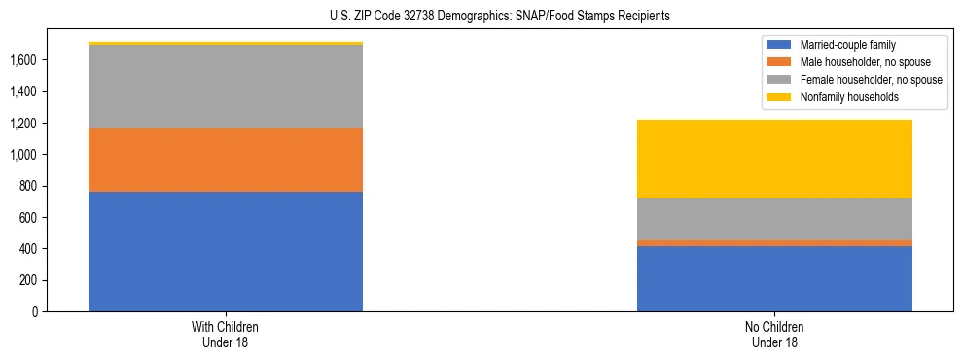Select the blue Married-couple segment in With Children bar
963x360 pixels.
click(x=226, y=251)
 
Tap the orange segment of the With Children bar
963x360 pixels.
click(x=226, y=160)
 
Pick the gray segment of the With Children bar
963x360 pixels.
click(x=226, y=87)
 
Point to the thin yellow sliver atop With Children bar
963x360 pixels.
click(x=226, y=43)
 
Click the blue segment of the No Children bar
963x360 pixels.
click(x=774, y=278)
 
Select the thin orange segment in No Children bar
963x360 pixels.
click(x=774, y=243)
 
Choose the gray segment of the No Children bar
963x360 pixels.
click(x=774, y=219)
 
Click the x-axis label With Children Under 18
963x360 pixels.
click(x=226, y=334)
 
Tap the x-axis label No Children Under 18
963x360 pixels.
click(x=774, y=334)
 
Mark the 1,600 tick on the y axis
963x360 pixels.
click(x=24, y=60)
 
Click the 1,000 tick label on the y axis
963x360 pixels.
click(x=24, y=155)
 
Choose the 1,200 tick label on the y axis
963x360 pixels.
click(x=24, y=124)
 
